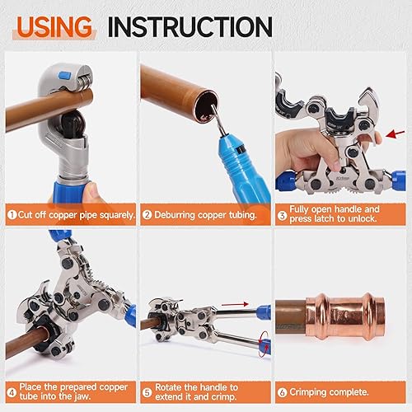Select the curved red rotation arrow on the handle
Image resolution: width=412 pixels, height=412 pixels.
(263, 340)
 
